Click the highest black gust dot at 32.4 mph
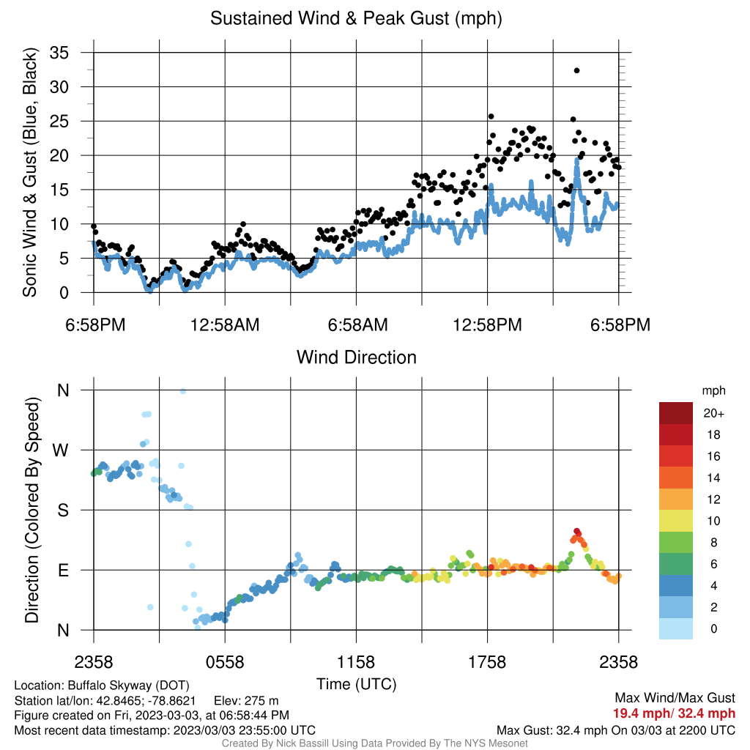pyautogui.click(x=577, y=70)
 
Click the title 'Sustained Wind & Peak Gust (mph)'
pyautogui.click(x=357, y=18)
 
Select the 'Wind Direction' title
pyautogui.click(x=357, y=357)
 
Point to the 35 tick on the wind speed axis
pyautogui.click(x=59, y=53)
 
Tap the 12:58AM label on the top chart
pyautogui.click(x=225, y=325)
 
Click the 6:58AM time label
pyautogui.click(x=357, y=325)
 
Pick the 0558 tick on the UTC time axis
pyautogui.click(x=225, y=662)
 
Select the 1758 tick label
pyautogui.click(x=487, y=662)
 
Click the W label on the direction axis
pyautogui.click(x=60, y=450)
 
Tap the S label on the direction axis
pyautogui.click(x=63, y=510)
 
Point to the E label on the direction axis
pyautogui.click(x=63, y=570)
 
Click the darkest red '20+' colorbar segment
pyautogui.click(x=676, y=413)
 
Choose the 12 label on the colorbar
pyautogui.click(x=713, y=500)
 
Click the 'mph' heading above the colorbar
pyautogui.click(x=713, y=391)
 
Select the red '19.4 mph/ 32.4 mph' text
pyautogui.click(x=674, y=713)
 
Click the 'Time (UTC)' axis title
pyautogui.click(x=357, y=684)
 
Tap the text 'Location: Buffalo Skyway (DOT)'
pyautogui.click(x=101, y=686)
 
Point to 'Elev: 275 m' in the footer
pyautogui.click(x=246, y=701)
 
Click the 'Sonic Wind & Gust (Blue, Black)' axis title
pyautogui.click(x=29, y=172)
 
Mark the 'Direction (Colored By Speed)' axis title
pyautogui.click(x=31, y=510)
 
